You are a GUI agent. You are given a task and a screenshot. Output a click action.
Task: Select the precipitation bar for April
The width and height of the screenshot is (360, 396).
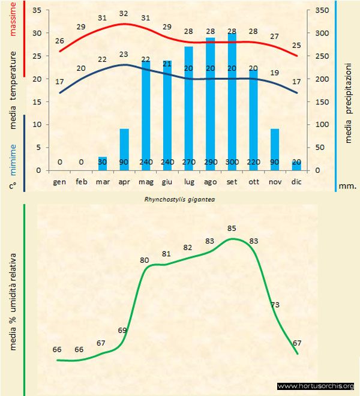[x=124, y=147]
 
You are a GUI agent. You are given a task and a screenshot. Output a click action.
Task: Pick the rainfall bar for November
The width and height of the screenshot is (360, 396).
[x=275, y=147]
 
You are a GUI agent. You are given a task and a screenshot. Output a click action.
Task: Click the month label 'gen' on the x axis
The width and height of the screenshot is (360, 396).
[x=59, y=181]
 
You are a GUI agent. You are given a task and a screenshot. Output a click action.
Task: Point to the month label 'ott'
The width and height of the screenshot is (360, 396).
[x=253, y=181]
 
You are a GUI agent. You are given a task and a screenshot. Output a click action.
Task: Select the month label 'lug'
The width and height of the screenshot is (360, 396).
[x=188, y=181]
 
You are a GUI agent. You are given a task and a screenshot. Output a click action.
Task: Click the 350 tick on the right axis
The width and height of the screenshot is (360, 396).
[x=322, y=11]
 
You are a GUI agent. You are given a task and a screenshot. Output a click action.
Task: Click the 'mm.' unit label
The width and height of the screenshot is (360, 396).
[x=347, y=185]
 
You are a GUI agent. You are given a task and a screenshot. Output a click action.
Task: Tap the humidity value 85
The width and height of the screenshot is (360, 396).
[x=232, y=228]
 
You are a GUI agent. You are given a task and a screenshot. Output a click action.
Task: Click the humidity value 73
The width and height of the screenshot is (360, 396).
[x=275, y=305]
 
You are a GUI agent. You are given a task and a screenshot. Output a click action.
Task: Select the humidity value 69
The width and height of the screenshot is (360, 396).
[x=123, y=330]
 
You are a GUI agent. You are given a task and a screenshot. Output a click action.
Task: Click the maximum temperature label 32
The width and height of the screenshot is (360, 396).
[x=124, y=13]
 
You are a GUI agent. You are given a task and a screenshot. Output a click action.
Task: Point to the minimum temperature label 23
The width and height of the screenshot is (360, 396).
[x=124, y=54]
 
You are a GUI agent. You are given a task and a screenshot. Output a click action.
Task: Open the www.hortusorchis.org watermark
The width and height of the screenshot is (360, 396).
[x=316, y=386]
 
